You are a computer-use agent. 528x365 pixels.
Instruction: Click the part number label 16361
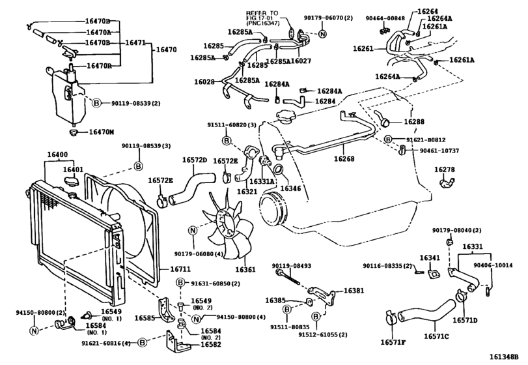coord(245,269)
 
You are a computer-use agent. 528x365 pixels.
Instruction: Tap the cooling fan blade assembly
coord(228,222)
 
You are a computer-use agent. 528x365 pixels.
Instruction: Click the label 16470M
coord(101,132)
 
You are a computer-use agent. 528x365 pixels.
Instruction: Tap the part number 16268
coord(345,158)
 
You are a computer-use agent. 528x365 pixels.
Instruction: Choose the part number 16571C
coord(438,336)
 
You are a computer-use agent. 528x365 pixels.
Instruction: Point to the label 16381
coord(355,291)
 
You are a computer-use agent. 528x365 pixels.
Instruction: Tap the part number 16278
coord(445,169)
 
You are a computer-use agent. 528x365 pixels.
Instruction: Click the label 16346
coord(290,189)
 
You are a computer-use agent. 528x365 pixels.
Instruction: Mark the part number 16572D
coord(194,160)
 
